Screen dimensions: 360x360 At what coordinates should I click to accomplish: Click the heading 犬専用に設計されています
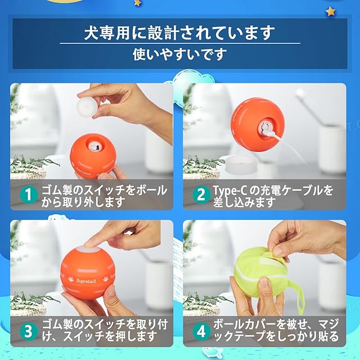point(179,33)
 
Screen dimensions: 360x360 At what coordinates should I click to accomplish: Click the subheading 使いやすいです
point(180,54)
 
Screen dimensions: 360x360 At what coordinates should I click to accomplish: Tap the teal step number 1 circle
point(29,195)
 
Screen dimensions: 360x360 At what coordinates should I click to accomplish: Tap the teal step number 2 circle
point(201,195)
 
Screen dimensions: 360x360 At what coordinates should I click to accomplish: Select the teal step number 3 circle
point(29,331)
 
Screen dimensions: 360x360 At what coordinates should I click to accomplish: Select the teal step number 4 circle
point(201,331)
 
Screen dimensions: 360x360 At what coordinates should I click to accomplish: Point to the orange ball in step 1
point(93,156)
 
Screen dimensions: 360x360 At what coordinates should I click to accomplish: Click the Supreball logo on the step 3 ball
point(86,281)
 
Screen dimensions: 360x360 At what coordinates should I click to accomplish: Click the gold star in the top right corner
point(331,11)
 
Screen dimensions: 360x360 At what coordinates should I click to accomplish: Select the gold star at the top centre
point(137,3)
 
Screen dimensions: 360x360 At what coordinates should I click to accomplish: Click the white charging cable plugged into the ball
point(290,145)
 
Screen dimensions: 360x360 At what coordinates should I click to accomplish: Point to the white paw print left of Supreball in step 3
point(71,280)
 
